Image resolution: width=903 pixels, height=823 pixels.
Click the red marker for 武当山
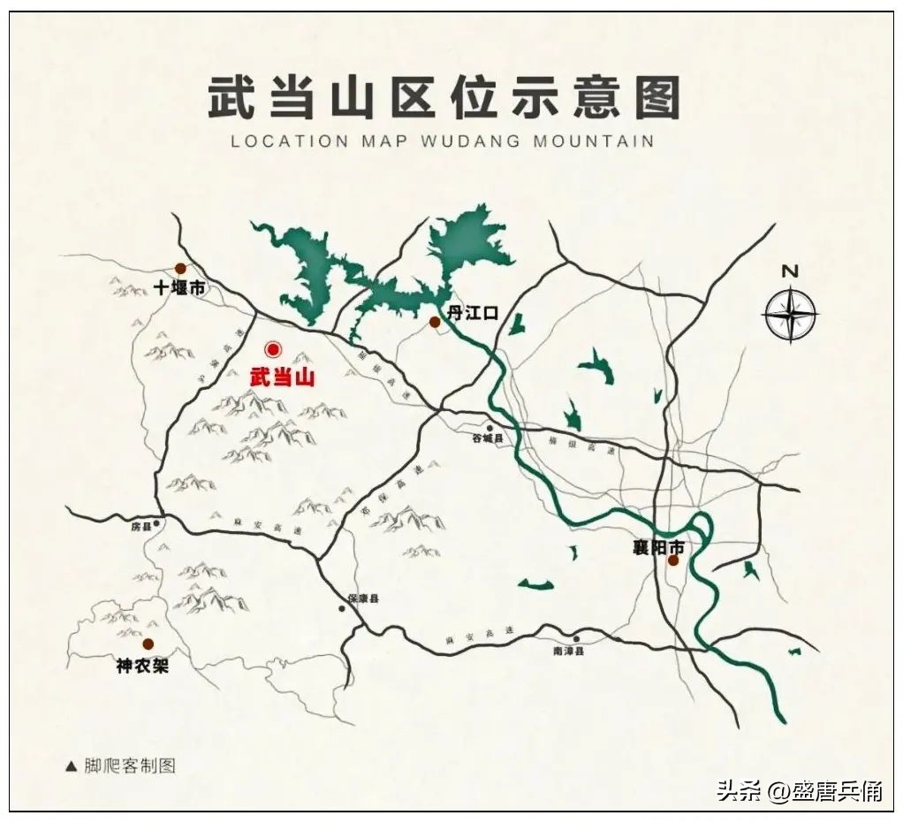click(x=273, y=349)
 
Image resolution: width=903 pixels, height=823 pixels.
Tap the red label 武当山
click(x=282, y=377)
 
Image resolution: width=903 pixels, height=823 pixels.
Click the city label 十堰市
click(x=178, y=288)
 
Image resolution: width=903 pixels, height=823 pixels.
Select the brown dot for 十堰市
click(x=180, y=268)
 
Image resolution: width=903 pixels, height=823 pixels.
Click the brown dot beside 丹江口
click(x=435, y=323)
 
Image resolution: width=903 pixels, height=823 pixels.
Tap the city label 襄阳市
click(x=658, y=548)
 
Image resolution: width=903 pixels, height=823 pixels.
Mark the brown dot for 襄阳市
click(x=673, y=560)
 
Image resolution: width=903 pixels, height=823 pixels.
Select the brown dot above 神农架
click(x=148, y=644)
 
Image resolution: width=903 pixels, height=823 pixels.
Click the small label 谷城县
click(x=486, y=438)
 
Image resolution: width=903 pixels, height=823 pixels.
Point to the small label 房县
click(x=141, y=527)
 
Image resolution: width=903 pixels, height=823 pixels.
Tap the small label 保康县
click(x=362, y=599)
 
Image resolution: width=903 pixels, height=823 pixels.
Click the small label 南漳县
click(x=569, y=652)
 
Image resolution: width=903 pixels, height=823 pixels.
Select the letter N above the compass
click(x=790, y=271)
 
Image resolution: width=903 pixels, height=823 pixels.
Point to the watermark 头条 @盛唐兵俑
click(x=799, y=791)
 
